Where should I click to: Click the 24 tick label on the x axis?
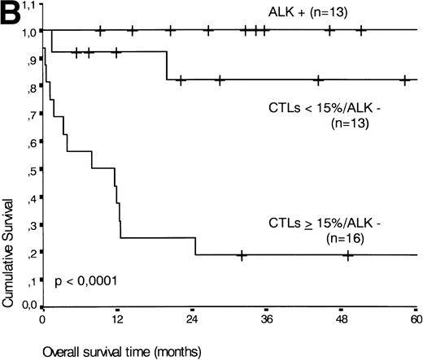click(193, 321)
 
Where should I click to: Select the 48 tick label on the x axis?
click(340, 321)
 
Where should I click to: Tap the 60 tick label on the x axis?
click(415, 321)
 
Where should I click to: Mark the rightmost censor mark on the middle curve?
click(404, 80)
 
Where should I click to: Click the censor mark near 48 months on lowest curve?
click(348, 255)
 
